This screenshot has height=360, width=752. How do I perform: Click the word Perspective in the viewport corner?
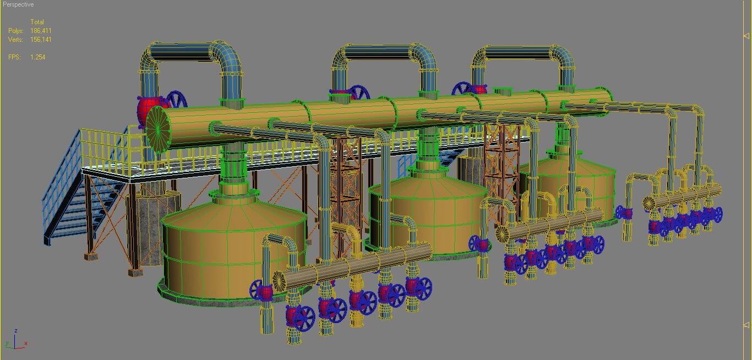point(18,4)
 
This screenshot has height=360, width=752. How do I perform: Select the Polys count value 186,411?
point(41,31)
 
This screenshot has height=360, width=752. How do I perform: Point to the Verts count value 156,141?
point(41,40)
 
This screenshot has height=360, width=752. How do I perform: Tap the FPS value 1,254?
point(38,57)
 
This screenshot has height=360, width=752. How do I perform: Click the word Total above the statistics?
point(37,22)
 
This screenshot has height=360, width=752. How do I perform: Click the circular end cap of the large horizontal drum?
point(158,126)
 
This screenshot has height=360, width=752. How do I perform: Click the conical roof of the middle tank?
point(427,179)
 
